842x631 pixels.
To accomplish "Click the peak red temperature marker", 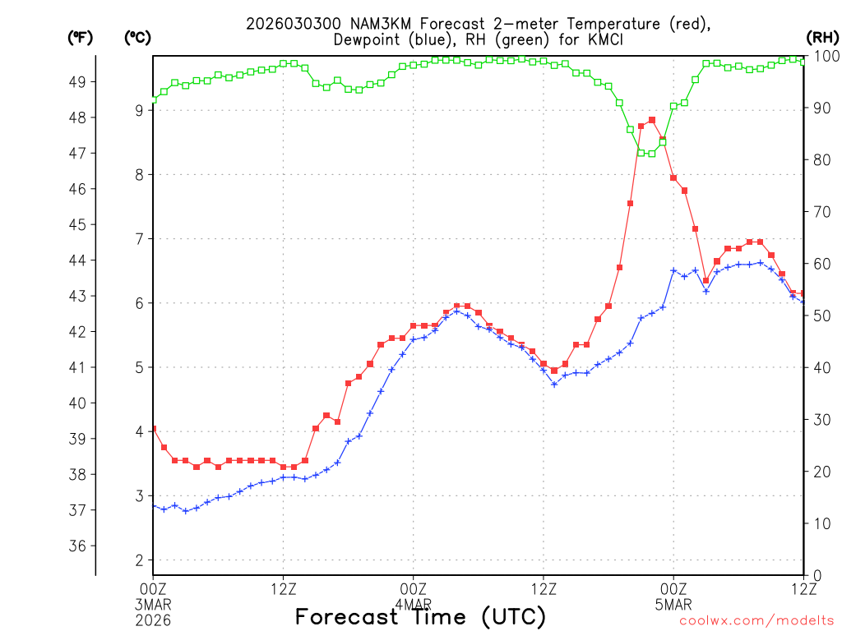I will [x=652, y=120].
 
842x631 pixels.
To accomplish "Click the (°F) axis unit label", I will [x=80, y=37].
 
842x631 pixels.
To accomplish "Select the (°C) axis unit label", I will [x=137, y=37].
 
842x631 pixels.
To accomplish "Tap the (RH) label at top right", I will [x=821, y=37].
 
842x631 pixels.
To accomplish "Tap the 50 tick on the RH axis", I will [x=821, y=315].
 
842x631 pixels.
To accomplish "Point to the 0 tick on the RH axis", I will [x=817, y=575].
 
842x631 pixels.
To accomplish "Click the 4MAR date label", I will [x=413, y=605].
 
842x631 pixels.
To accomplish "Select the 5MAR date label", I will [x=673, y=605].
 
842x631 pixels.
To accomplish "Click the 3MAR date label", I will [x=153, y=605].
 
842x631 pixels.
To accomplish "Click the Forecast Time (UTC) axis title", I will [x=420, y=616].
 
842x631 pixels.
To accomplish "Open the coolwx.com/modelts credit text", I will [x=756, y=621].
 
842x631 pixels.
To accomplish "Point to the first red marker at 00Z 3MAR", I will [x=153, y=429].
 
